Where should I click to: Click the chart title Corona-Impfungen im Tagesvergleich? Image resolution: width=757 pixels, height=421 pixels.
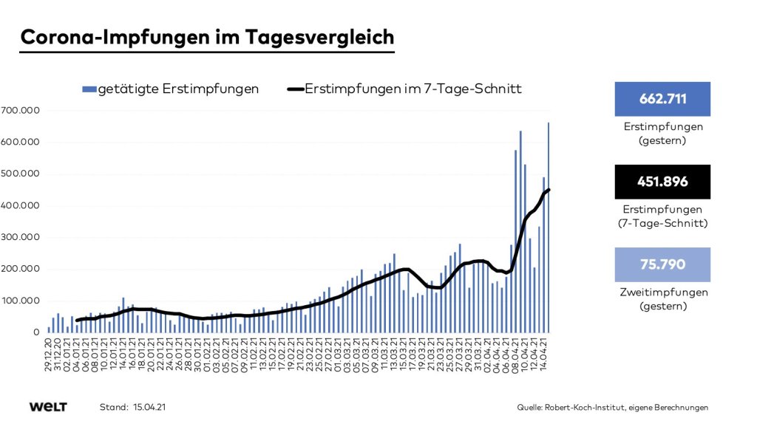coord(207,37)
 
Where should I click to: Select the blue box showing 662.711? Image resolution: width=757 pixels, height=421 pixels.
coord(662,99)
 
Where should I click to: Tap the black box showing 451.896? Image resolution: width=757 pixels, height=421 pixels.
coord(662,182)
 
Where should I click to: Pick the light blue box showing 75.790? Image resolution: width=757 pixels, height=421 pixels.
coord(662,264)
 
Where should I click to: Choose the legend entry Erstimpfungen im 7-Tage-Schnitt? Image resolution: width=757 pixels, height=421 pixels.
coord(404,89)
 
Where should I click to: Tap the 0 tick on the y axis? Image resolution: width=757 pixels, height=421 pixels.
coord(35,332)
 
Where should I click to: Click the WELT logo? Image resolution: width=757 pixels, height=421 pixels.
coord(48,407)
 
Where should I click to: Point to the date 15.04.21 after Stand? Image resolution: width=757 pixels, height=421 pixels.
coord(152,407)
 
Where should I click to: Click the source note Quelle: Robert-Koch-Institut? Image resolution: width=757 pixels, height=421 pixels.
coord(613,407)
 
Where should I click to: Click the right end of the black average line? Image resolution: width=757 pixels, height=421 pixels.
coord(549,190)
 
